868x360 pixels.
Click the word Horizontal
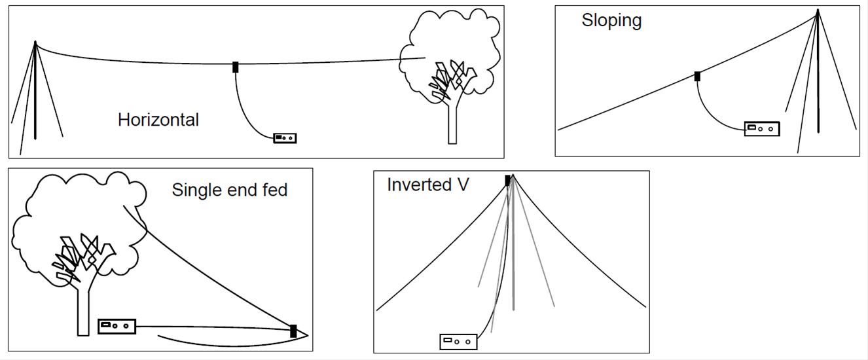click(158, 120)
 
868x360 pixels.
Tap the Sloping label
click(611, 20)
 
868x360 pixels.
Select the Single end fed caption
click(230, 190)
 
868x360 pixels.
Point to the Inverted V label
click(427, 185)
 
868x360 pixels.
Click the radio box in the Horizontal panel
click(285, 137)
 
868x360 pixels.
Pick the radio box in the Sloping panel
click(762, 128)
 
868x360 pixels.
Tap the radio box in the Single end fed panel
click(117, 325)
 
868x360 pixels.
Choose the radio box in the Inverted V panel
click(458, 341)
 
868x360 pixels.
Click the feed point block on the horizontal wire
click(236, 67)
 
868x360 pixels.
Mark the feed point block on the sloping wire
click(697, 77)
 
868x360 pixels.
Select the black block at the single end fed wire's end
click(293, 331)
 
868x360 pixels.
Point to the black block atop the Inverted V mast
click(507, 180)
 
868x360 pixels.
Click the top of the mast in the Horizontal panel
click(35, 43)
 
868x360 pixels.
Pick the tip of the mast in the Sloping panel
click(818, 10)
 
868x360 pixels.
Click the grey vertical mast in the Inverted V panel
click(513, 262)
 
